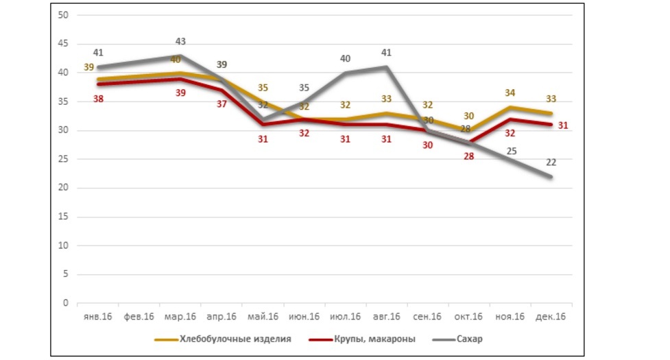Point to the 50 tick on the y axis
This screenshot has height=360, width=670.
[x=64, y=15]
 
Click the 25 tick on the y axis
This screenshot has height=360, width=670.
[x=64, y=159]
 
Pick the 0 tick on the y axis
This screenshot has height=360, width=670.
[x=67, y=303]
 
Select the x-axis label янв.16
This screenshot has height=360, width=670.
[x=97, y=317]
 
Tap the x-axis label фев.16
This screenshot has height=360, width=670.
[x=139, y=317]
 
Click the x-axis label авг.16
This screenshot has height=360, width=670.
[x=387, y=317]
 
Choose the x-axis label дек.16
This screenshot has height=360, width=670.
[x=551, y=317]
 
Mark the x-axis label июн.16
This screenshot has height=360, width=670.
[x=304, y=317]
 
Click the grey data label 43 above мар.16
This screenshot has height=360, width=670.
[x=181, y=42]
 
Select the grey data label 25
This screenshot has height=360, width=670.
[x=512, y=152]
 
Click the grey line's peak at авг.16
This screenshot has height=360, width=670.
[x=387, y=67]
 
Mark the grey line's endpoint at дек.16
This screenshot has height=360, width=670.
[x=551, y=176]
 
